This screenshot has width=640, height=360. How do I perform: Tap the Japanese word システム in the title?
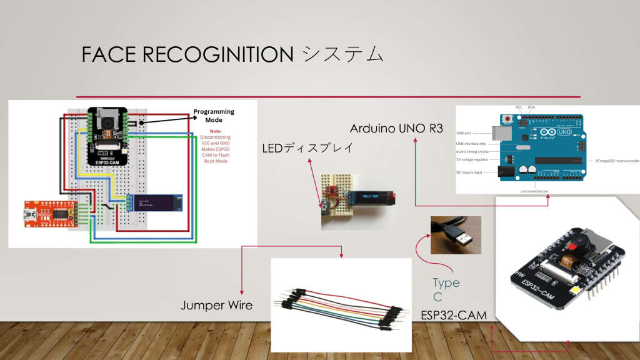(x=343, y=55)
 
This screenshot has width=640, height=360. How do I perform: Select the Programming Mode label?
(x=214, y=116)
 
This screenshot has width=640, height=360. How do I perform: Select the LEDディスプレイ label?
(x=307, y=148)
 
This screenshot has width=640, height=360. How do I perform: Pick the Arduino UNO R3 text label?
(x=396, y=129)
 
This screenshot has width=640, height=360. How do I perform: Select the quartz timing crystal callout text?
(x=473, y=152)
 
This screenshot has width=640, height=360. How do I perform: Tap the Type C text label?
(x=446, y=289)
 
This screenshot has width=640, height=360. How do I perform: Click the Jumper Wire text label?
(x=217, y=306)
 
